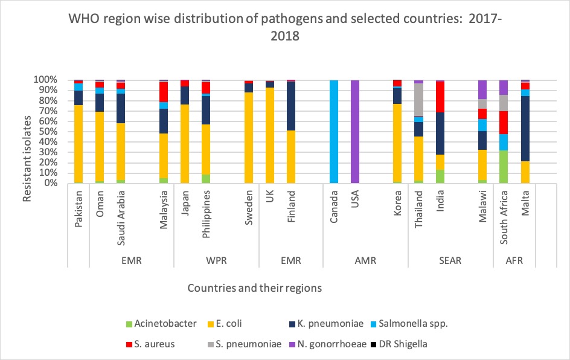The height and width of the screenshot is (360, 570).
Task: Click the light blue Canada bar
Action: tap(334, 131)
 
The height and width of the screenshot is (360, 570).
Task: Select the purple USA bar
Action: tap(355, 131)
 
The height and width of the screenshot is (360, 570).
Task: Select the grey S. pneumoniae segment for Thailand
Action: tap(418, 100)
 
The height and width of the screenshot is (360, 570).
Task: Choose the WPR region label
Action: tap(216, 261)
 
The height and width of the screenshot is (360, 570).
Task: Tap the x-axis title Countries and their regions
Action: tap(254, 288)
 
